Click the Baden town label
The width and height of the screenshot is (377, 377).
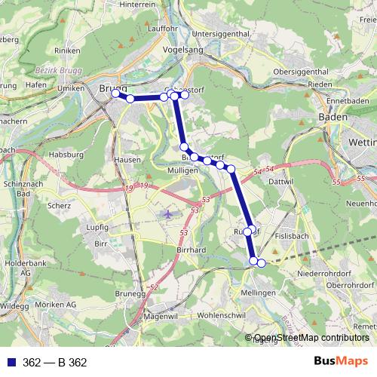[333, 118]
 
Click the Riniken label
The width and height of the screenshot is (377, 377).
[66, 72]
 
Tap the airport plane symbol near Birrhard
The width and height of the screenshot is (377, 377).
[167, 214]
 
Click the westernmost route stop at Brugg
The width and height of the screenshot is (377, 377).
[115, 94]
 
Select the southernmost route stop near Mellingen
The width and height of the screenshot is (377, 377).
[262, 262]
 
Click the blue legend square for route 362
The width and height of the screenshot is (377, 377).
[10, 363]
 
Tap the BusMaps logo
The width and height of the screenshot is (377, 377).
[341, 362]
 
